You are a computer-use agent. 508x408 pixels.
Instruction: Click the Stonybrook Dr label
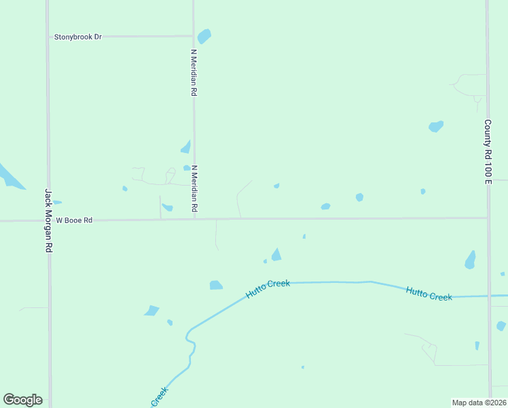(77, 37)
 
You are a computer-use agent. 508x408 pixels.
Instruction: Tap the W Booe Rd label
(73, 220)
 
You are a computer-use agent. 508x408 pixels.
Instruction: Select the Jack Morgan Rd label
(48, 221)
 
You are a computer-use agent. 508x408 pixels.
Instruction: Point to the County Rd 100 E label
(488, 152)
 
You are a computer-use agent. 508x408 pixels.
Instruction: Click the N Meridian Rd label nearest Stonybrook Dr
(194, 72)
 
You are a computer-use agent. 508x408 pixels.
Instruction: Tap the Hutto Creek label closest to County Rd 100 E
(429, 294)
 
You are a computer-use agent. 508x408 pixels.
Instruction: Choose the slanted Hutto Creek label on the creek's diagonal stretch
(268, 288)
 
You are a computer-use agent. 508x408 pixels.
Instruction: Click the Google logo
(23, 399)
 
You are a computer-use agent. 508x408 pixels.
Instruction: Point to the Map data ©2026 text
(479, 403)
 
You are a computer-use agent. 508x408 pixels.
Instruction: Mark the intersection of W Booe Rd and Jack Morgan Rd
(48, 220)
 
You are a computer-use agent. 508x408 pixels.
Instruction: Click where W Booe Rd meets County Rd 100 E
(488, 218)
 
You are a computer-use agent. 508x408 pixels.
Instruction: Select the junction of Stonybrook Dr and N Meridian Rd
(194, 36)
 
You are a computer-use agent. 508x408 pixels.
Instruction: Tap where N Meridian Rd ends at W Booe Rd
(195, 219)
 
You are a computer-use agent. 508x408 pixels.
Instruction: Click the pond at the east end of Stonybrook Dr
(204, 35)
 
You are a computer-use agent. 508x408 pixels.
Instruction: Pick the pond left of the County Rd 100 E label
(436, 126)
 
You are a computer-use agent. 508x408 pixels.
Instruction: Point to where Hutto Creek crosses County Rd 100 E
(489, 296)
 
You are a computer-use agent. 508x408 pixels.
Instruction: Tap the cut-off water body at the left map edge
(8, 175)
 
